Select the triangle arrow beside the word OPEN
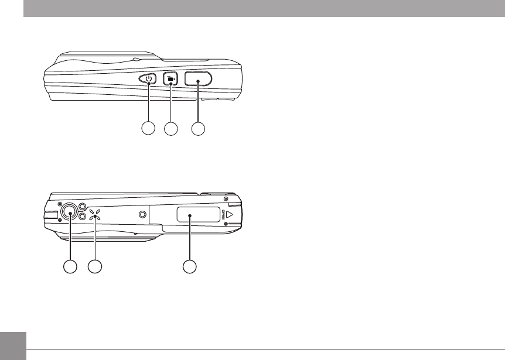pyautogui.click(x=230, y=215)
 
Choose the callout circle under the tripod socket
pyautogui.click(x=70, y=267)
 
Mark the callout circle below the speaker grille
pyautogui.click(x=95, y=267)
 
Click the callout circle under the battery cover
pyautogui.click(x=189, y=267)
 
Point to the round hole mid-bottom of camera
pyautogui.click(x=142, y=215)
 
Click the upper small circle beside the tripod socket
pyautogui.click(x=83, y=207)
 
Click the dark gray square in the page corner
pyautogui.click(x=13, y=346)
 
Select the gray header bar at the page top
pyautogui.click(x=264, y=8)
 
